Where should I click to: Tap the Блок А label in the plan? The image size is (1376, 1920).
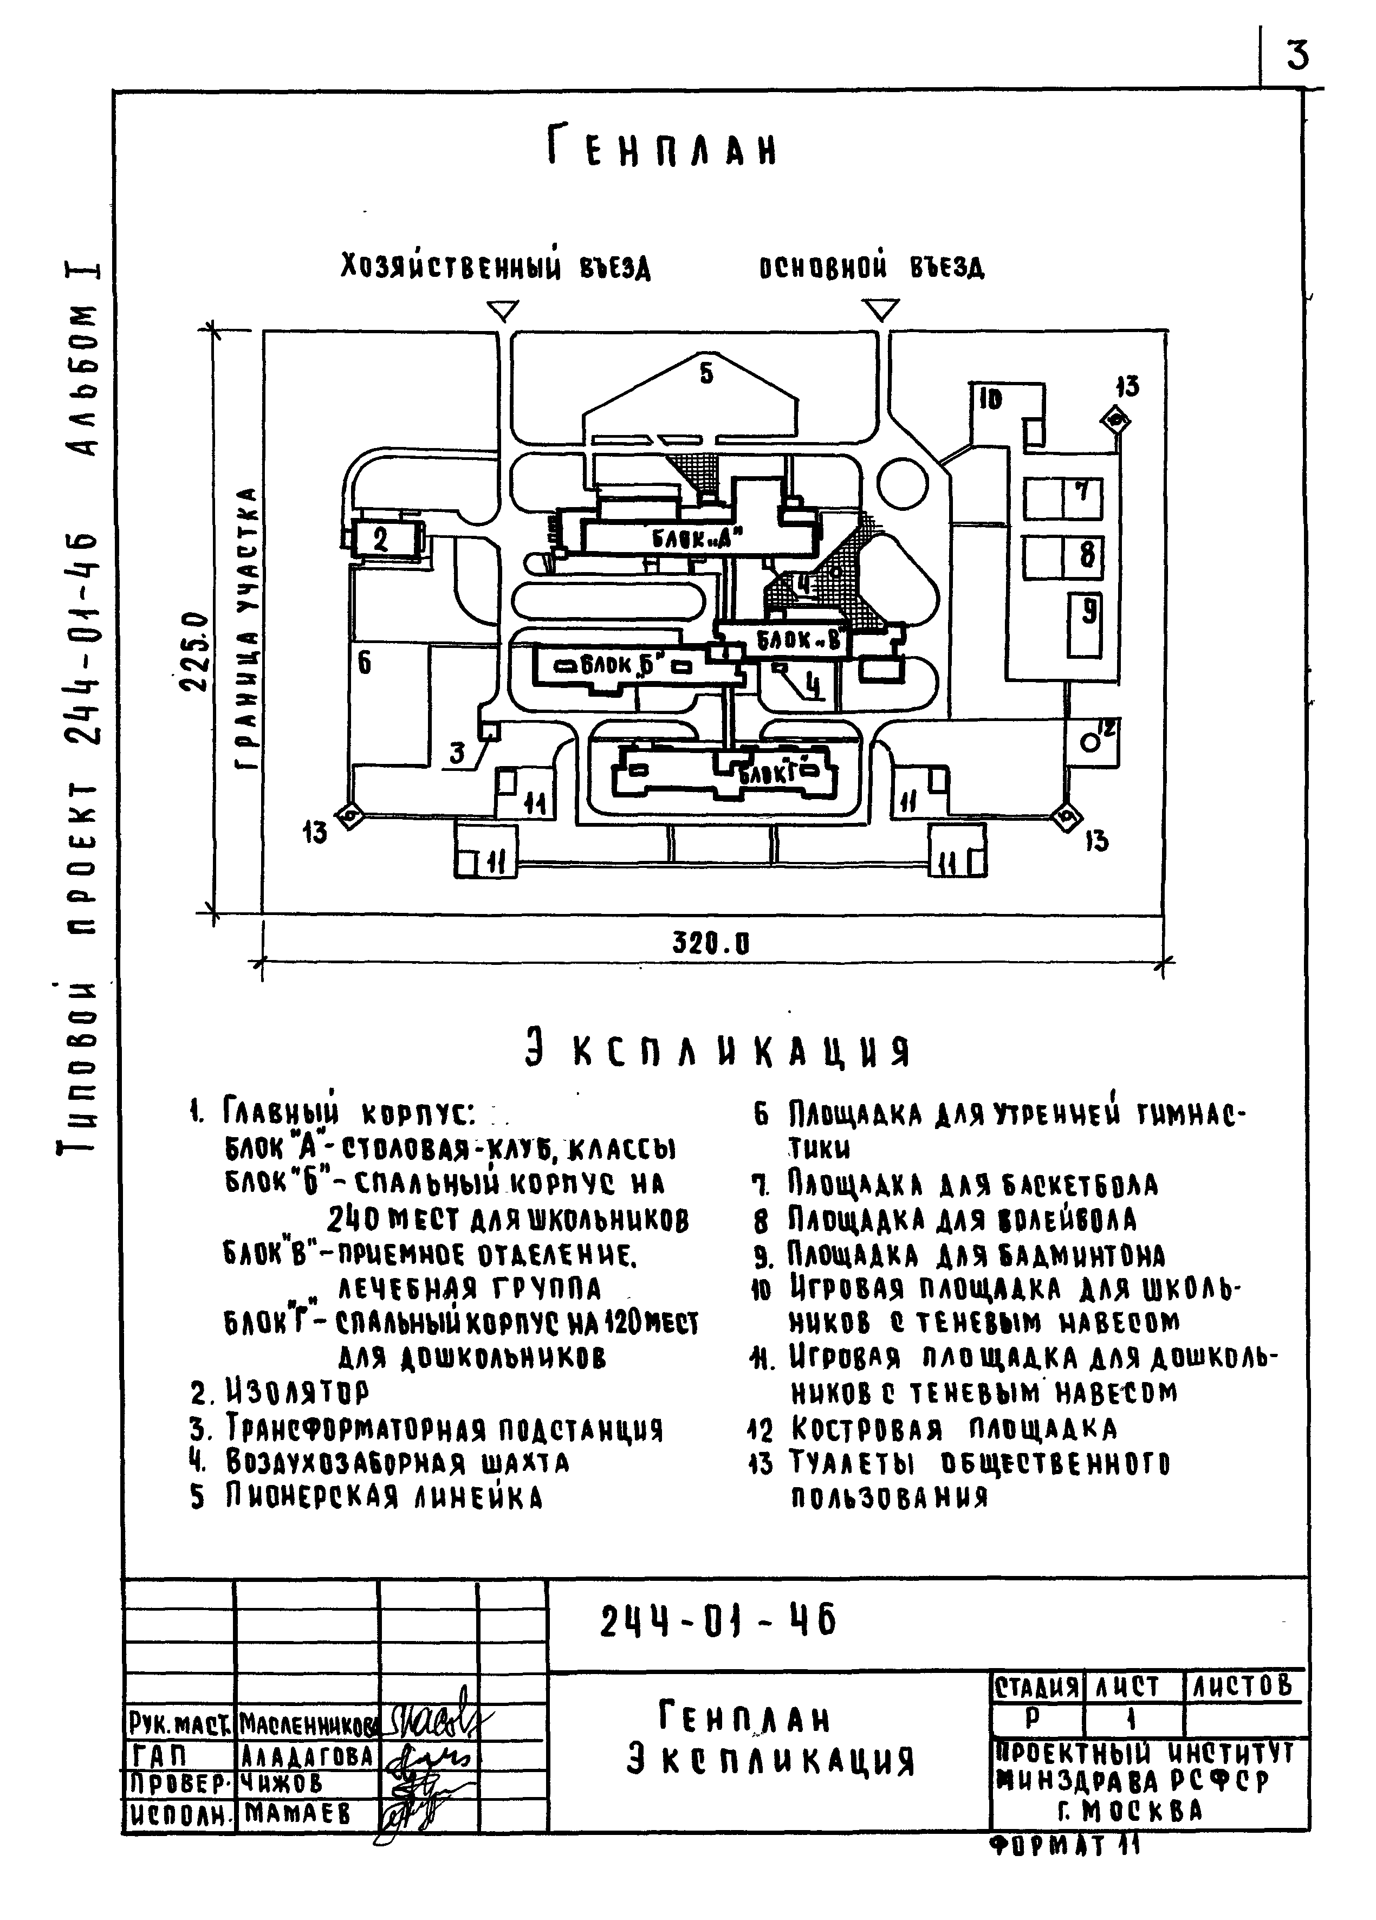coord(696,537)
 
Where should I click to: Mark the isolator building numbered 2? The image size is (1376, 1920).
coord(384,539)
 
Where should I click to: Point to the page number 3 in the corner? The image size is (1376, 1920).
coord(1296,56)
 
